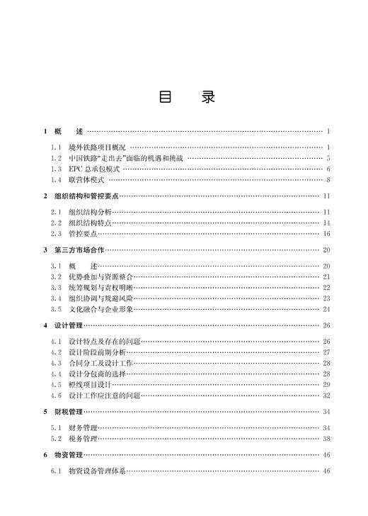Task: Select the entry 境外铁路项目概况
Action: [98, 147]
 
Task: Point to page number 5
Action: [329, 158]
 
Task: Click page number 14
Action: [327, 223]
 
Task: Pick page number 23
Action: [327, 298]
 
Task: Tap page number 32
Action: [327, 396]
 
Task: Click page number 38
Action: [327, 439]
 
